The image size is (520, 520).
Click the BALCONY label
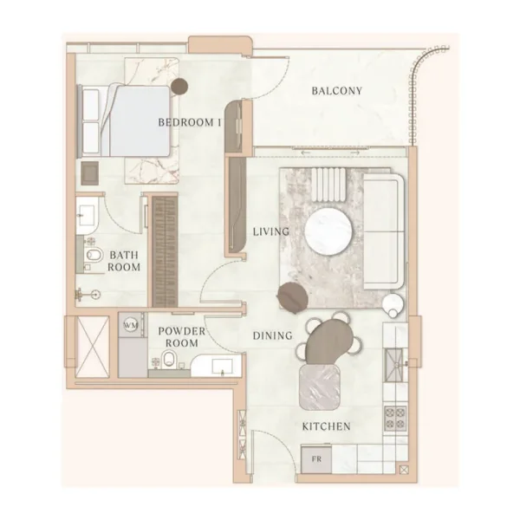pos(336,91)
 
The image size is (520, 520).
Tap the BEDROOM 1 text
pos(190,123)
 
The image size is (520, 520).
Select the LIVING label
pos(270,231)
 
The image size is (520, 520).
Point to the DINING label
pos(272,335)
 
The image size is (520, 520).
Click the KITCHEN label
pos(326,426)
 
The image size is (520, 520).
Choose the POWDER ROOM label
pos(181,337)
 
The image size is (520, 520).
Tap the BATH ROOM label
pos(124,261)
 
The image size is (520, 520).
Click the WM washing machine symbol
pos(131,325)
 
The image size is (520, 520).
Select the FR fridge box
pos(311,457)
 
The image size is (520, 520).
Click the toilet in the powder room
pos(172,361)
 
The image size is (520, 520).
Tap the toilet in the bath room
pos(94,255)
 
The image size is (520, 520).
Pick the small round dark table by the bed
pos(179,86)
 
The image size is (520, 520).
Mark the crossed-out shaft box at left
pos(93,341)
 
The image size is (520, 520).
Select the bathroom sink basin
pos(88,212)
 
